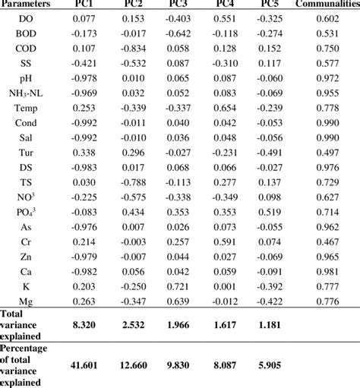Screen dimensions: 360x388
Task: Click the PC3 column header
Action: [x=179, y=5]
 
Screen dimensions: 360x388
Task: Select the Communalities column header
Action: [x=327, y=5]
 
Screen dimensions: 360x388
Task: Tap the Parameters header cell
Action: [x=28, y=5]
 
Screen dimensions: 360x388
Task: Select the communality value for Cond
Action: [x=327, y=123]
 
